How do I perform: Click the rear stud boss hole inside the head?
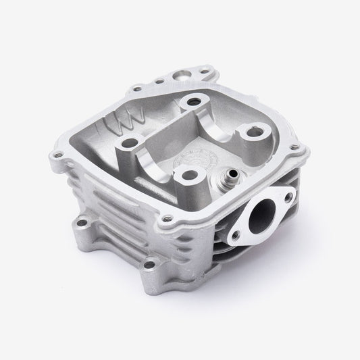196,101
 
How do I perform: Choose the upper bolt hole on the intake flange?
288,197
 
